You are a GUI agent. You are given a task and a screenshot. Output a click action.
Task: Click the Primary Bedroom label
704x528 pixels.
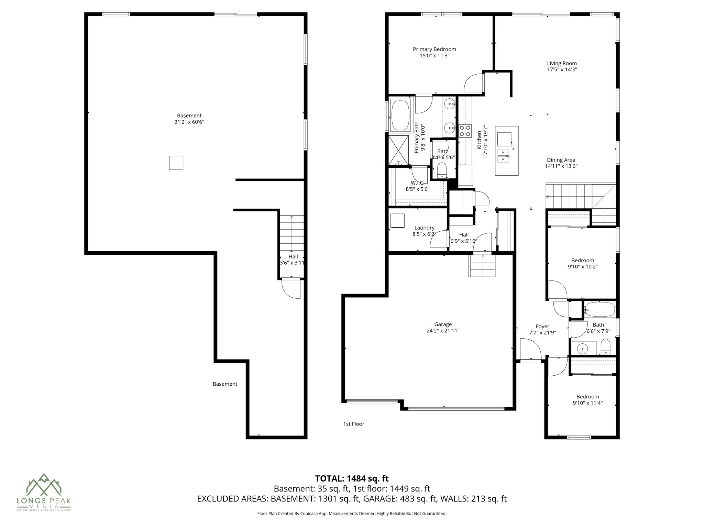click(434, 49)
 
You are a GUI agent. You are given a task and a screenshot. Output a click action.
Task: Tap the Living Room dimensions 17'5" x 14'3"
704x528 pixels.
click(562, 69)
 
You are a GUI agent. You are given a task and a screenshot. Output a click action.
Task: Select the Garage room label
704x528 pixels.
click(442, 324)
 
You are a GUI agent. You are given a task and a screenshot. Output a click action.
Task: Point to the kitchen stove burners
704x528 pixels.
click(465, 130)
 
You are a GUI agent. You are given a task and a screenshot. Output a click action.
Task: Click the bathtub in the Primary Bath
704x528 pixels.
click(400, 115)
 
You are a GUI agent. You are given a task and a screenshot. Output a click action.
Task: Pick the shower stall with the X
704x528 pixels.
click(398, 151)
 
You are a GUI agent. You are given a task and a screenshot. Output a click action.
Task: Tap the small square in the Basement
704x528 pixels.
click(176, 163)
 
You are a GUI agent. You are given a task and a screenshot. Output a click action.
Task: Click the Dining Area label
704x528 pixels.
click(561, 160)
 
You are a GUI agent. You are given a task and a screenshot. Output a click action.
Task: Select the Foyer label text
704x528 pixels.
click(542, 326)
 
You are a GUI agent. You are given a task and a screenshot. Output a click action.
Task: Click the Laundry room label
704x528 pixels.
click(424, 228)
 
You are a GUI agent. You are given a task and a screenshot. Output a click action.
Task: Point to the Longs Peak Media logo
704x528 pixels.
click(44, 492)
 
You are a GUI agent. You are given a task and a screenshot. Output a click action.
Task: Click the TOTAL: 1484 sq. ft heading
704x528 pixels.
click(352, 478)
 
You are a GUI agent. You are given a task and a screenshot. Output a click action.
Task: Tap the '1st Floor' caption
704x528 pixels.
click(353, 424)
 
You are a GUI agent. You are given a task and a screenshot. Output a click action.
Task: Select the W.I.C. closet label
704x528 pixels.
click(417, 183)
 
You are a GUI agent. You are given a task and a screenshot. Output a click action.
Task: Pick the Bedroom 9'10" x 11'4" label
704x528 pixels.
click(587, 396)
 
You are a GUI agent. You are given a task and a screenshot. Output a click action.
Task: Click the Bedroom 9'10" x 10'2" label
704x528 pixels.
click(582, 260)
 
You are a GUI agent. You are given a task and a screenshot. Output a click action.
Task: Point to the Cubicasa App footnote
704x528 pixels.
click(352, 514)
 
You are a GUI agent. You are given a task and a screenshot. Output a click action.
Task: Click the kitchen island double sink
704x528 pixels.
click(503, 156)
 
